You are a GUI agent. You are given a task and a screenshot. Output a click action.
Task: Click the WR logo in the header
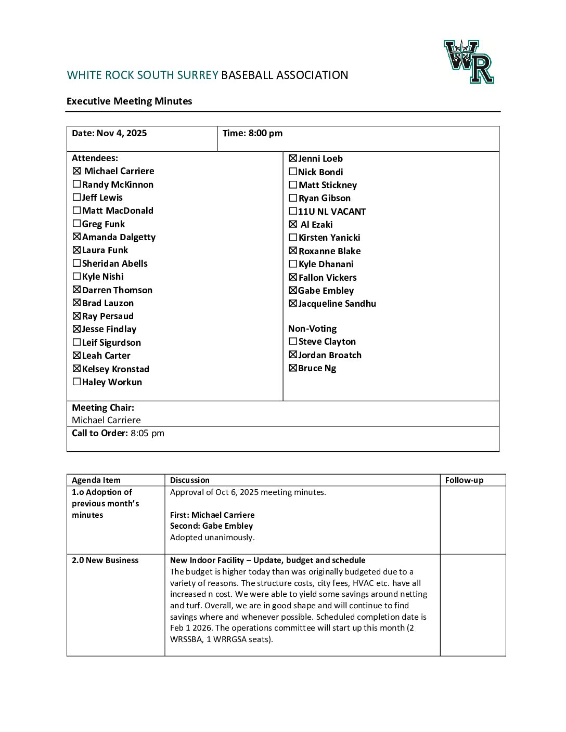pyautogui.click(x=469, y=62)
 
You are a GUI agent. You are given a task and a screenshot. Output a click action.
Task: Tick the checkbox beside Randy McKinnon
pyautogui.click(x=77, y=184)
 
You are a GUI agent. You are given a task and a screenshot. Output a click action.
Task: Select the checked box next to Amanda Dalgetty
pyautogui.click(x=77, y=237)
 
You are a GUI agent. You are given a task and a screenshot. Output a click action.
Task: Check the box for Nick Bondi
pyautogui.click(x=293, y=172)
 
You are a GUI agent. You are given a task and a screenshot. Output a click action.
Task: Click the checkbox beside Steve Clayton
pyautogui.click(x=293, y=342)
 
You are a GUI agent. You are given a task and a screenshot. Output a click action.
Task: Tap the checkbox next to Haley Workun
pyautogui.click(x=77, y=382)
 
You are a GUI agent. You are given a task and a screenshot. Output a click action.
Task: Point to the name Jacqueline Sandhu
pyautogui.click(x=337, y=304)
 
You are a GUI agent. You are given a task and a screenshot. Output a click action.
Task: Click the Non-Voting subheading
pyautogui.click(x=312, y=329)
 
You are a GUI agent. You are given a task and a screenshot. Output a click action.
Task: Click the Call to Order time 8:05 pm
pyautogui.click(x=147, y=433)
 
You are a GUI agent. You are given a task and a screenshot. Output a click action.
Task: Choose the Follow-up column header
pyautogui.click(x=464, y=480)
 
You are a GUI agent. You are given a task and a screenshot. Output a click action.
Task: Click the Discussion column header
pyautogui.click(x=190, y=480)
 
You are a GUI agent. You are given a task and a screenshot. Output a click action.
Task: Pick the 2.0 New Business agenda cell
pyautogui.click(x=105, y=560)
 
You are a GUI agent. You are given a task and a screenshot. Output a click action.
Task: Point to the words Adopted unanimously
pyautogui.click(x=212, y=538)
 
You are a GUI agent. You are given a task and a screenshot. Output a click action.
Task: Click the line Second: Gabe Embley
pyautogui.click(x=211, y=526)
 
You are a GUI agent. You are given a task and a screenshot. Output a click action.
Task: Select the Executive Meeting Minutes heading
pyautogui.click(x=129, y=101)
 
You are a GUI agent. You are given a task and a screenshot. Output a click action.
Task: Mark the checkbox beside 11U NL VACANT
pyautogui.click(x=293, y=211)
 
